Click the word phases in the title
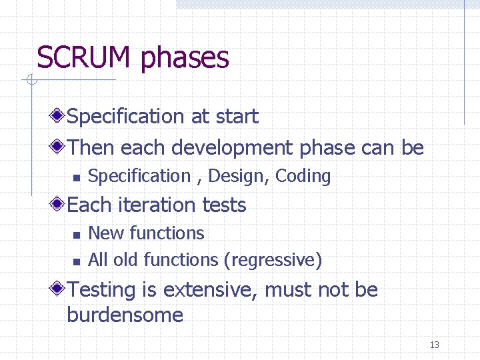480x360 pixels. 185,59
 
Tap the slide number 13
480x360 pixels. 435,345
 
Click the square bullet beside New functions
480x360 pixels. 76,234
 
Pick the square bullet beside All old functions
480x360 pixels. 76,261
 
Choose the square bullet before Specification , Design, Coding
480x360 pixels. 76,177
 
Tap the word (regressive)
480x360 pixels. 273,260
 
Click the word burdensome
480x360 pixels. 125,315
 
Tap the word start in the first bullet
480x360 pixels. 237,117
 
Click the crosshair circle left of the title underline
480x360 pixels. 30,81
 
